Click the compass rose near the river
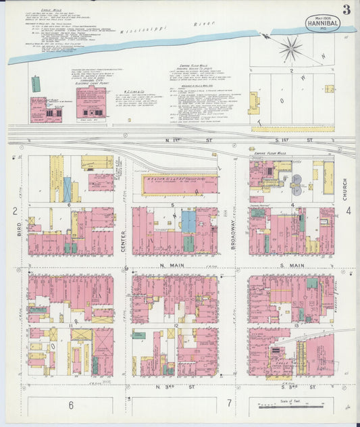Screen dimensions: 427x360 point(291,48)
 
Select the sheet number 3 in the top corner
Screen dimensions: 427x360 point(346,9)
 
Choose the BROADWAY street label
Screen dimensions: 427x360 point(233,237)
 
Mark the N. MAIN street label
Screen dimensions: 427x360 point(161,267)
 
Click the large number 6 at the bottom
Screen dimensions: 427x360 point(70,405)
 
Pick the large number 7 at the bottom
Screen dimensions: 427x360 point(230,405)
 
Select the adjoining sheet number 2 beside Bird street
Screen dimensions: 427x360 point(15,211)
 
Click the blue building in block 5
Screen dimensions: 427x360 point(188,221)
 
